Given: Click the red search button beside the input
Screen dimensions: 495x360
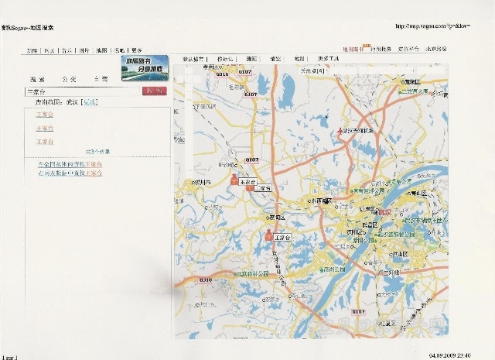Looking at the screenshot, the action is (155, 91).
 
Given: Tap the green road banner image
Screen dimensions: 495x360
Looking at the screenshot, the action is (145, 66).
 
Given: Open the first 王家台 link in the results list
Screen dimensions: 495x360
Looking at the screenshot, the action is (45, 114).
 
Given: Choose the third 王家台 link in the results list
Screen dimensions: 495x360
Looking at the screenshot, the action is (45, 142).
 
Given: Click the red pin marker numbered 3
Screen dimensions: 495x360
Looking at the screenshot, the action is (269, 235).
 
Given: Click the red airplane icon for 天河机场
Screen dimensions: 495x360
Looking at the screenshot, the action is (342, 132).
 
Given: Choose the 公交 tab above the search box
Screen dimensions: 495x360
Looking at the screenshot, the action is (69, 79).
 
